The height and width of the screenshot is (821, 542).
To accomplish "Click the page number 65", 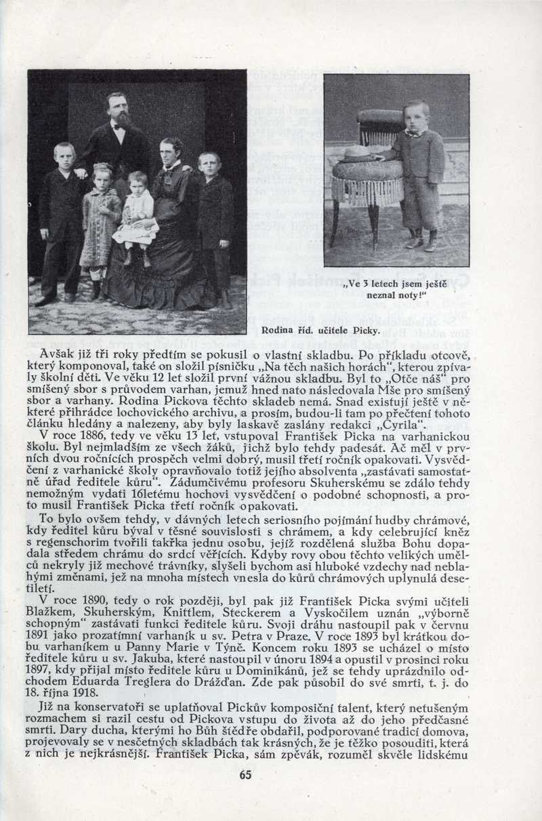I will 245,775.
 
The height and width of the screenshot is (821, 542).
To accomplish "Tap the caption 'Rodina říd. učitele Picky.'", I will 319,331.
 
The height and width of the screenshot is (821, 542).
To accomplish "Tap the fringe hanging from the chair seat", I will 368,191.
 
